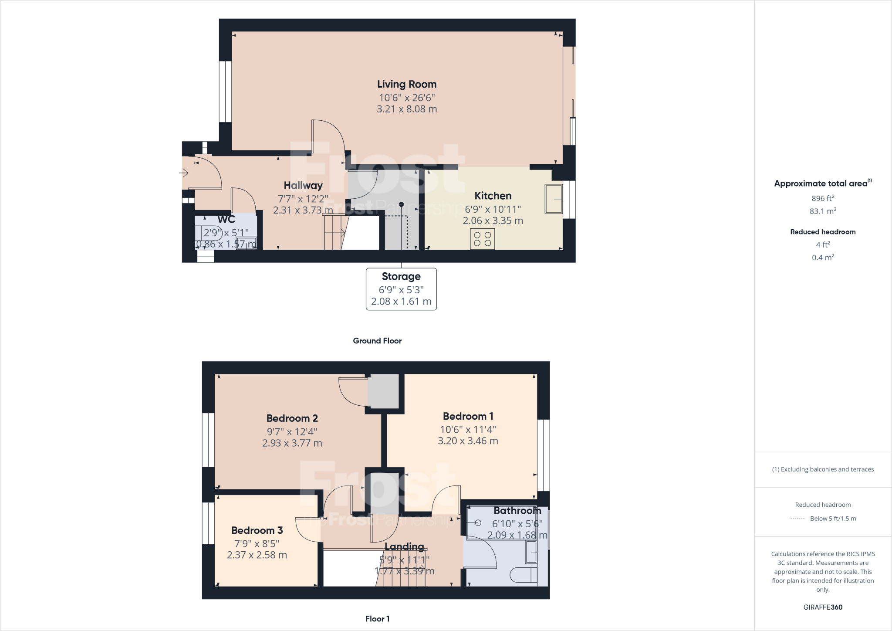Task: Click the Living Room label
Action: tap(406, 84)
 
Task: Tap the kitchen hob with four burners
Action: tap(482, 239)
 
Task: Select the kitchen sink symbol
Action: tap(554, 199)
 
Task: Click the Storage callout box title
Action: tap(401, 276)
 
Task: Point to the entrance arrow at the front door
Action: tap(183, 173)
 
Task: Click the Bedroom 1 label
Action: tap(468, 416)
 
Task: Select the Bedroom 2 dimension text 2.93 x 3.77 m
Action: tap(292, 443)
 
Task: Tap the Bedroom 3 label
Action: tap(257, 530)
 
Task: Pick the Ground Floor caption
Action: tap(377, 341)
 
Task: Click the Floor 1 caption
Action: tap(377, 619)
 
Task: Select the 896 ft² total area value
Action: tap(823, 198)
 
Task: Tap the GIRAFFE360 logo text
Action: tap(823, 607)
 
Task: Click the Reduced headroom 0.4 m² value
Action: tap(823, 258)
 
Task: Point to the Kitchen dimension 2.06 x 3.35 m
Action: tap(493, 221)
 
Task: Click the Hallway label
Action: tap(303, 185)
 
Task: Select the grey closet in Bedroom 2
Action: tap(383, 391)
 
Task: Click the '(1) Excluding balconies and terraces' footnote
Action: tap(823, 469)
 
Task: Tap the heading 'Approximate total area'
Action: tap(821, 183)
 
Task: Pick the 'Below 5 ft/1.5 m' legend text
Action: tap(833, 519)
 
